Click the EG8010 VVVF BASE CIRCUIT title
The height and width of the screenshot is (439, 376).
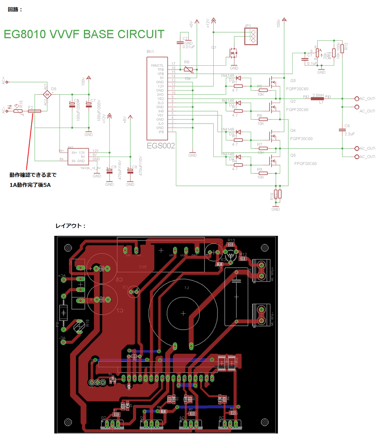[x=84, y=34]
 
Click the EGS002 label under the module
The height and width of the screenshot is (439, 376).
[x=161, y=146]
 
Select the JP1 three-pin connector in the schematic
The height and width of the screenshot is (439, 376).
[x=251, y=36]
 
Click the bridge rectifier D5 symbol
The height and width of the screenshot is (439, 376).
[x=46, y=95]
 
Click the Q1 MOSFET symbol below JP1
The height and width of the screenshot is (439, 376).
[x=233, y=53]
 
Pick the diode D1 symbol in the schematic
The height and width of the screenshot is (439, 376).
[x=238, y=78]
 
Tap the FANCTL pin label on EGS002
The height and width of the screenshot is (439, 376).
[x=157, y=65]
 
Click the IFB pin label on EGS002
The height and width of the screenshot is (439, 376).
[x=161, y=132]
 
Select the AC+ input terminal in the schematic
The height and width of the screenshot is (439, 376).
[x=7, y=82]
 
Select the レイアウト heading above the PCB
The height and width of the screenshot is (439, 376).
[x=70, y=226]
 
